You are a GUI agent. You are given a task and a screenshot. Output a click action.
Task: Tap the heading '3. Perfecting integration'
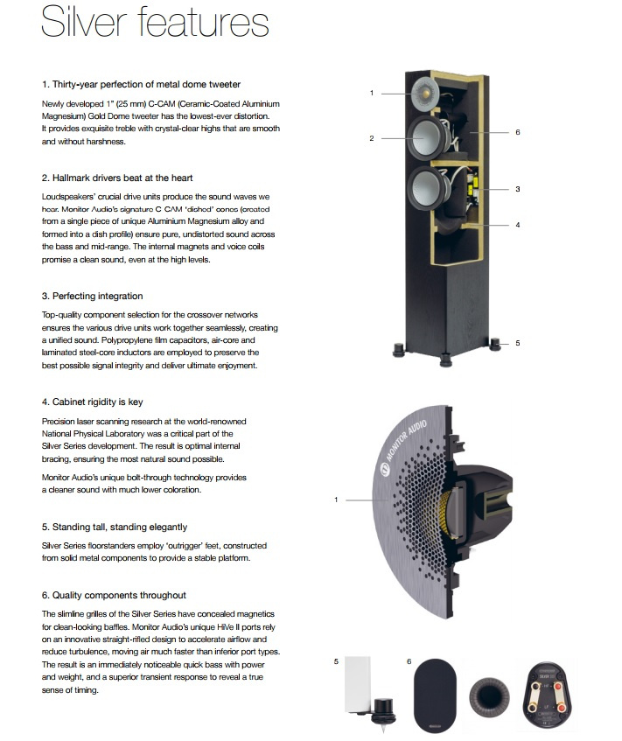coord(92,296)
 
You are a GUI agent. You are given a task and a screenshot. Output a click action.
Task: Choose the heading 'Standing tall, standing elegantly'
coord(114,527)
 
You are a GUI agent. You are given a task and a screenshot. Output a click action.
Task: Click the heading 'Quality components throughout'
coord(113,595)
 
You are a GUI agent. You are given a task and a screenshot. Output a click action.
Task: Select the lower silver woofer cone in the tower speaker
coord(430,187)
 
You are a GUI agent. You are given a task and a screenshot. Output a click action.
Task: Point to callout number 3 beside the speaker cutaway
coord(518,189)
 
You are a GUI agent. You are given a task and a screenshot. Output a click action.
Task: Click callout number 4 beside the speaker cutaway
coord(518,225)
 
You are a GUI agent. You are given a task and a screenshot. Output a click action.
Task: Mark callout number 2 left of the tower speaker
coord(371,138)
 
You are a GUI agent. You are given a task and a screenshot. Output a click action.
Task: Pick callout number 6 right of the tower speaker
coord(518,132)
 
